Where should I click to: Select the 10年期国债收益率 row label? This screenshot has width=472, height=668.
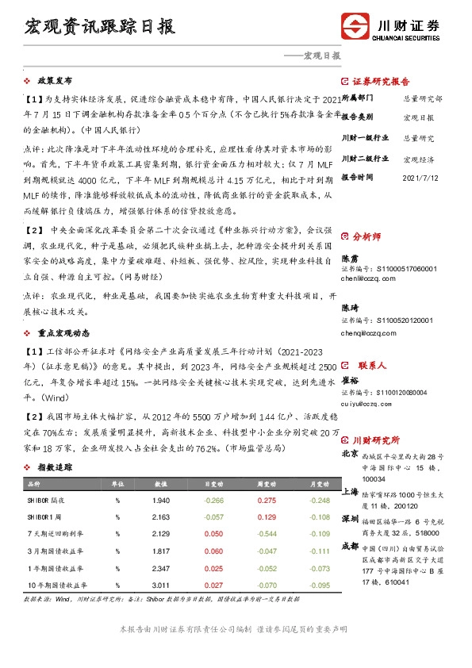coord(56,585)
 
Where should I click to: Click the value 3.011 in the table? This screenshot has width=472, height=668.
coord(161,585)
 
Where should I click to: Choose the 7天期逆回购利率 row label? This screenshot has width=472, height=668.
coord(55,534)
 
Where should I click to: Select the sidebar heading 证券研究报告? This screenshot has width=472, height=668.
coord(380,82)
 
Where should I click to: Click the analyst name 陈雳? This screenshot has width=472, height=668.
coord(351,259)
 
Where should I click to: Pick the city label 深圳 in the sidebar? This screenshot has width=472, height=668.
coord(350,518)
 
